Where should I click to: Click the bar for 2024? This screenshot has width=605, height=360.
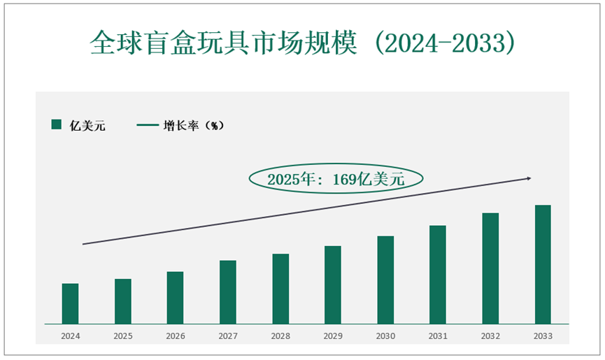click(x=70, y=303)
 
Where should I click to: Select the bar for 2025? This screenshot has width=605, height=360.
click(x=122, y=301)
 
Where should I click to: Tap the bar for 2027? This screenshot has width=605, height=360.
click(x=227, y=292)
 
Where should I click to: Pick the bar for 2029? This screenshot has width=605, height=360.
click(x=333, y=285)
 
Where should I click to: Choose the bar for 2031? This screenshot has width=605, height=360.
click(x=438, y=275)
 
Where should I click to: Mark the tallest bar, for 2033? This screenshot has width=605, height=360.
click(x=543, y=264)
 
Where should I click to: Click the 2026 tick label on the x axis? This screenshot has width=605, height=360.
click(x=175, y=336)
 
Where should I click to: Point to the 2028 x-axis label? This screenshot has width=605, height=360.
click(x=280, y=336)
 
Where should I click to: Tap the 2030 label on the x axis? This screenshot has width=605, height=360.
click(x=385, y=336)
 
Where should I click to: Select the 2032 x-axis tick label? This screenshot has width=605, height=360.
click(x=490, y=336)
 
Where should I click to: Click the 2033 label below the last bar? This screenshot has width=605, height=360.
click(x=543, y=336)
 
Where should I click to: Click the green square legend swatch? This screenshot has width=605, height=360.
click(x=57, y=125)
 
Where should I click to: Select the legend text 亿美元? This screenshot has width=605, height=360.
click(x=87, y=126)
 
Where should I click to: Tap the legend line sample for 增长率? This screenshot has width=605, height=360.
click(x=147, y=125)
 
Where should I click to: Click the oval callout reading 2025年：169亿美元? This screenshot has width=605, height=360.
click(x=336, y=179)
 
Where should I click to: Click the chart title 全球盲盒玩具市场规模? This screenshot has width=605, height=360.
click(x=224, y=43)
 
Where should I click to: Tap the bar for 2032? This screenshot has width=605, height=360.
click(x=490, y=268)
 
